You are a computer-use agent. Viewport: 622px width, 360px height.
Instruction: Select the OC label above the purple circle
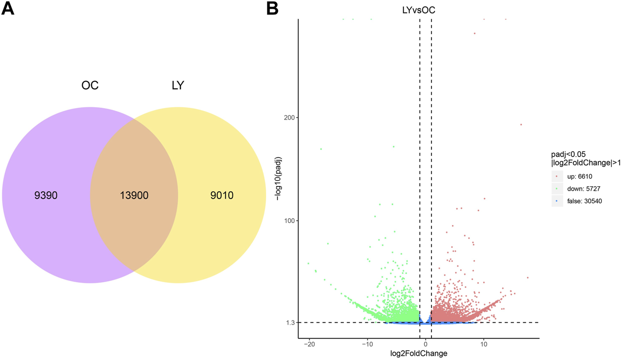click(90, 85)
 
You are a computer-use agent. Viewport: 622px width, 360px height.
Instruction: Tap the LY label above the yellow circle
click(178, 85)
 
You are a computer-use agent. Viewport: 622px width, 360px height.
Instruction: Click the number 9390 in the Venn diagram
click(46, 196)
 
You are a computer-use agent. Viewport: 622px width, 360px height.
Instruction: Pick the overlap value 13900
click(134, 196)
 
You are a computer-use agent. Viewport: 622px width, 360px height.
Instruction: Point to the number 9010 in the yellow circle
click(222, 196)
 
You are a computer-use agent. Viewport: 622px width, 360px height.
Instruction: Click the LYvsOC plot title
click(416, 10)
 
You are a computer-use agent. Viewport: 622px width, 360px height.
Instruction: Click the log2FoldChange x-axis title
click(418, 354)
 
